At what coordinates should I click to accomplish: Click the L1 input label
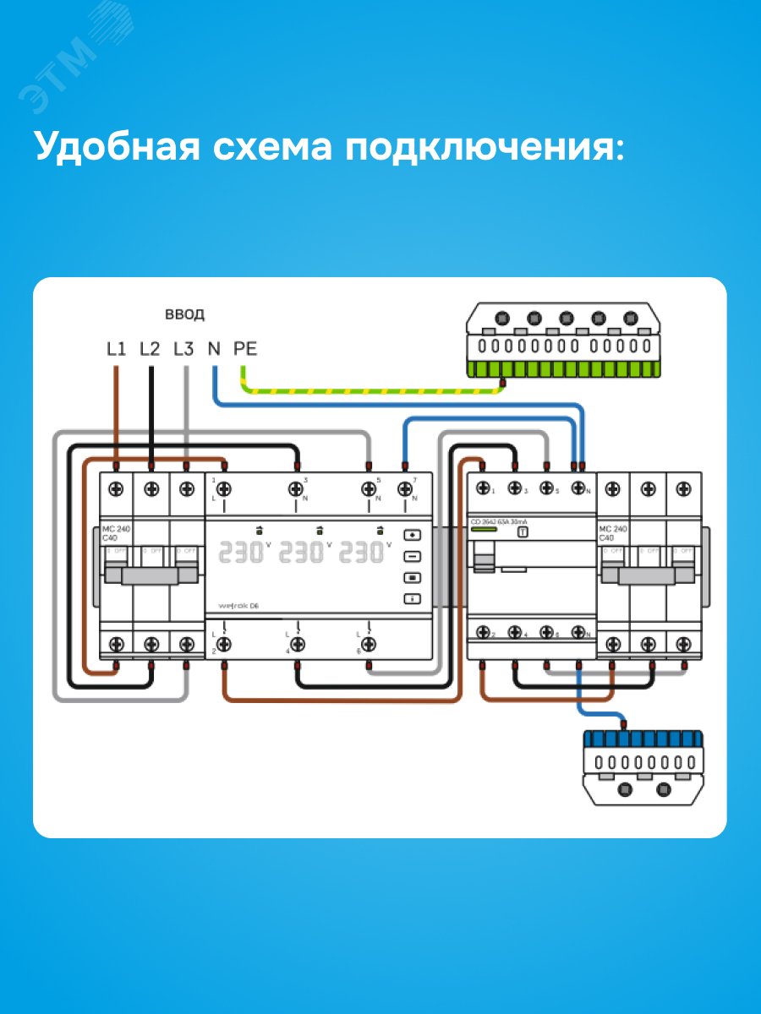[117, 347]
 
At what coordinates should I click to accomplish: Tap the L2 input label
[150, 347]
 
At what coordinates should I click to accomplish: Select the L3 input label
[183, 347]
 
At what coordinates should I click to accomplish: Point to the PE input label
[245, 347]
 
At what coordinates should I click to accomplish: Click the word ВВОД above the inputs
[184, 315]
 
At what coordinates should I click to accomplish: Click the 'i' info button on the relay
[413, 599]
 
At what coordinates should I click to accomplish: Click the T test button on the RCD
[523, 532]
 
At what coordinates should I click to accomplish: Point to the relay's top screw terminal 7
[405, 488]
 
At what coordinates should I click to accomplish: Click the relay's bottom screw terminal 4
[297, 643]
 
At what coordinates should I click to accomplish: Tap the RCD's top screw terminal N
[578, 488]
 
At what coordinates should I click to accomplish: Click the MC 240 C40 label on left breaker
[110, 533]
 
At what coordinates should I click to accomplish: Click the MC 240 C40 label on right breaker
[612, 533]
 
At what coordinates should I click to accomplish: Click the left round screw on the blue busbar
[626, 789]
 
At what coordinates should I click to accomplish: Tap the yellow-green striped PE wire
[372, 393]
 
